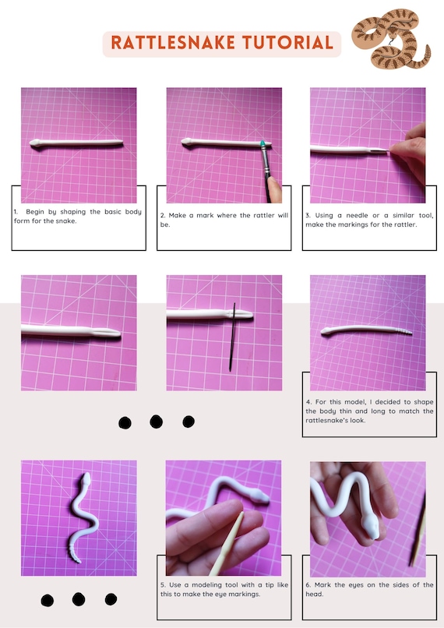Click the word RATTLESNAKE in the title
point(173,42)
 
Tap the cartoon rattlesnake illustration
point(391,38)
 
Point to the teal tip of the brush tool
point(263,144)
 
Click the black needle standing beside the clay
point(232,337)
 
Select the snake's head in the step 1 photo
point(35,143)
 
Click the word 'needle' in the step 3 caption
point(357,216)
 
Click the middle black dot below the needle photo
point(156,422)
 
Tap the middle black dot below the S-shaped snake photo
point(79,600)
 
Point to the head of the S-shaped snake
point(86,479)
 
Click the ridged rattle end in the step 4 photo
point(403,330)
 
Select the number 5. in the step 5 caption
point(163,585)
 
